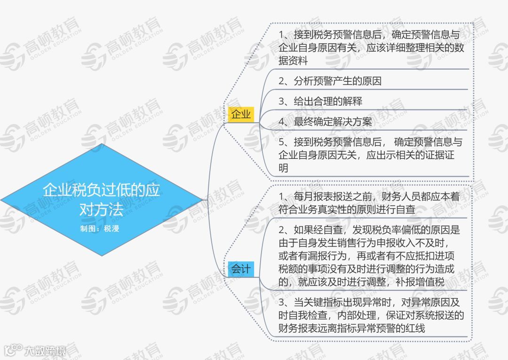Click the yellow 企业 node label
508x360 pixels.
[241, 114]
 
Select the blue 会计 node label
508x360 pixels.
[240, 269]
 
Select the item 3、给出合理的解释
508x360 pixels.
[320, 102]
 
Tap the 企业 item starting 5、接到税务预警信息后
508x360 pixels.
[370, 155]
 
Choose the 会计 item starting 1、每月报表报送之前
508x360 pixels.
[369, 203]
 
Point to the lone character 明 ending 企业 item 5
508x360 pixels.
[283, 168]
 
